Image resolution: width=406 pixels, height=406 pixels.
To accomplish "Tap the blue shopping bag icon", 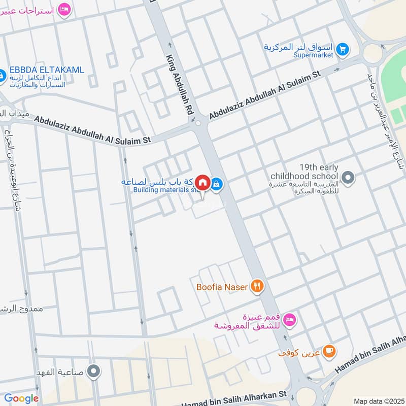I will pos(217,184).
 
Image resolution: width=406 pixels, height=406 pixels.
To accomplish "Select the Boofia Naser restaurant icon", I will pos(257,287).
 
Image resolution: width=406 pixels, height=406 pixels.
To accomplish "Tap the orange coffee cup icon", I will pos(329,351).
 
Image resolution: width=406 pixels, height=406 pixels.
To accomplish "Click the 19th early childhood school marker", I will pos(348,178).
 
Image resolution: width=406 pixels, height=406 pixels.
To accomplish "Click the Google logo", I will pos(21,398).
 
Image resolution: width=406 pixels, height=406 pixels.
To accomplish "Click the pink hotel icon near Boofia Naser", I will pos(289,320).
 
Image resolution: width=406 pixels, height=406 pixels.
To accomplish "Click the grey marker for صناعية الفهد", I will pos(93,371).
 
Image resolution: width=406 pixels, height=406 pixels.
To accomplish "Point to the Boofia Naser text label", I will pos(222,287).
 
